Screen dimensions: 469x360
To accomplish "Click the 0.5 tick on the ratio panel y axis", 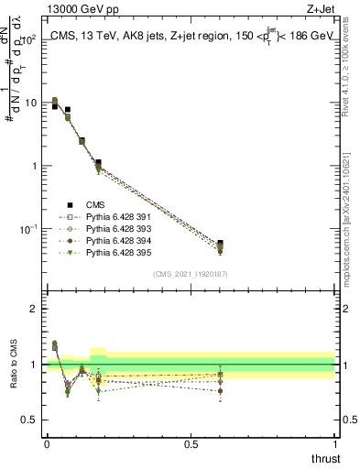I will (x=31, y=420).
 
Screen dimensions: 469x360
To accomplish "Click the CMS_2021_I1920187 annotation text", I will (x=190, y=274).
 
